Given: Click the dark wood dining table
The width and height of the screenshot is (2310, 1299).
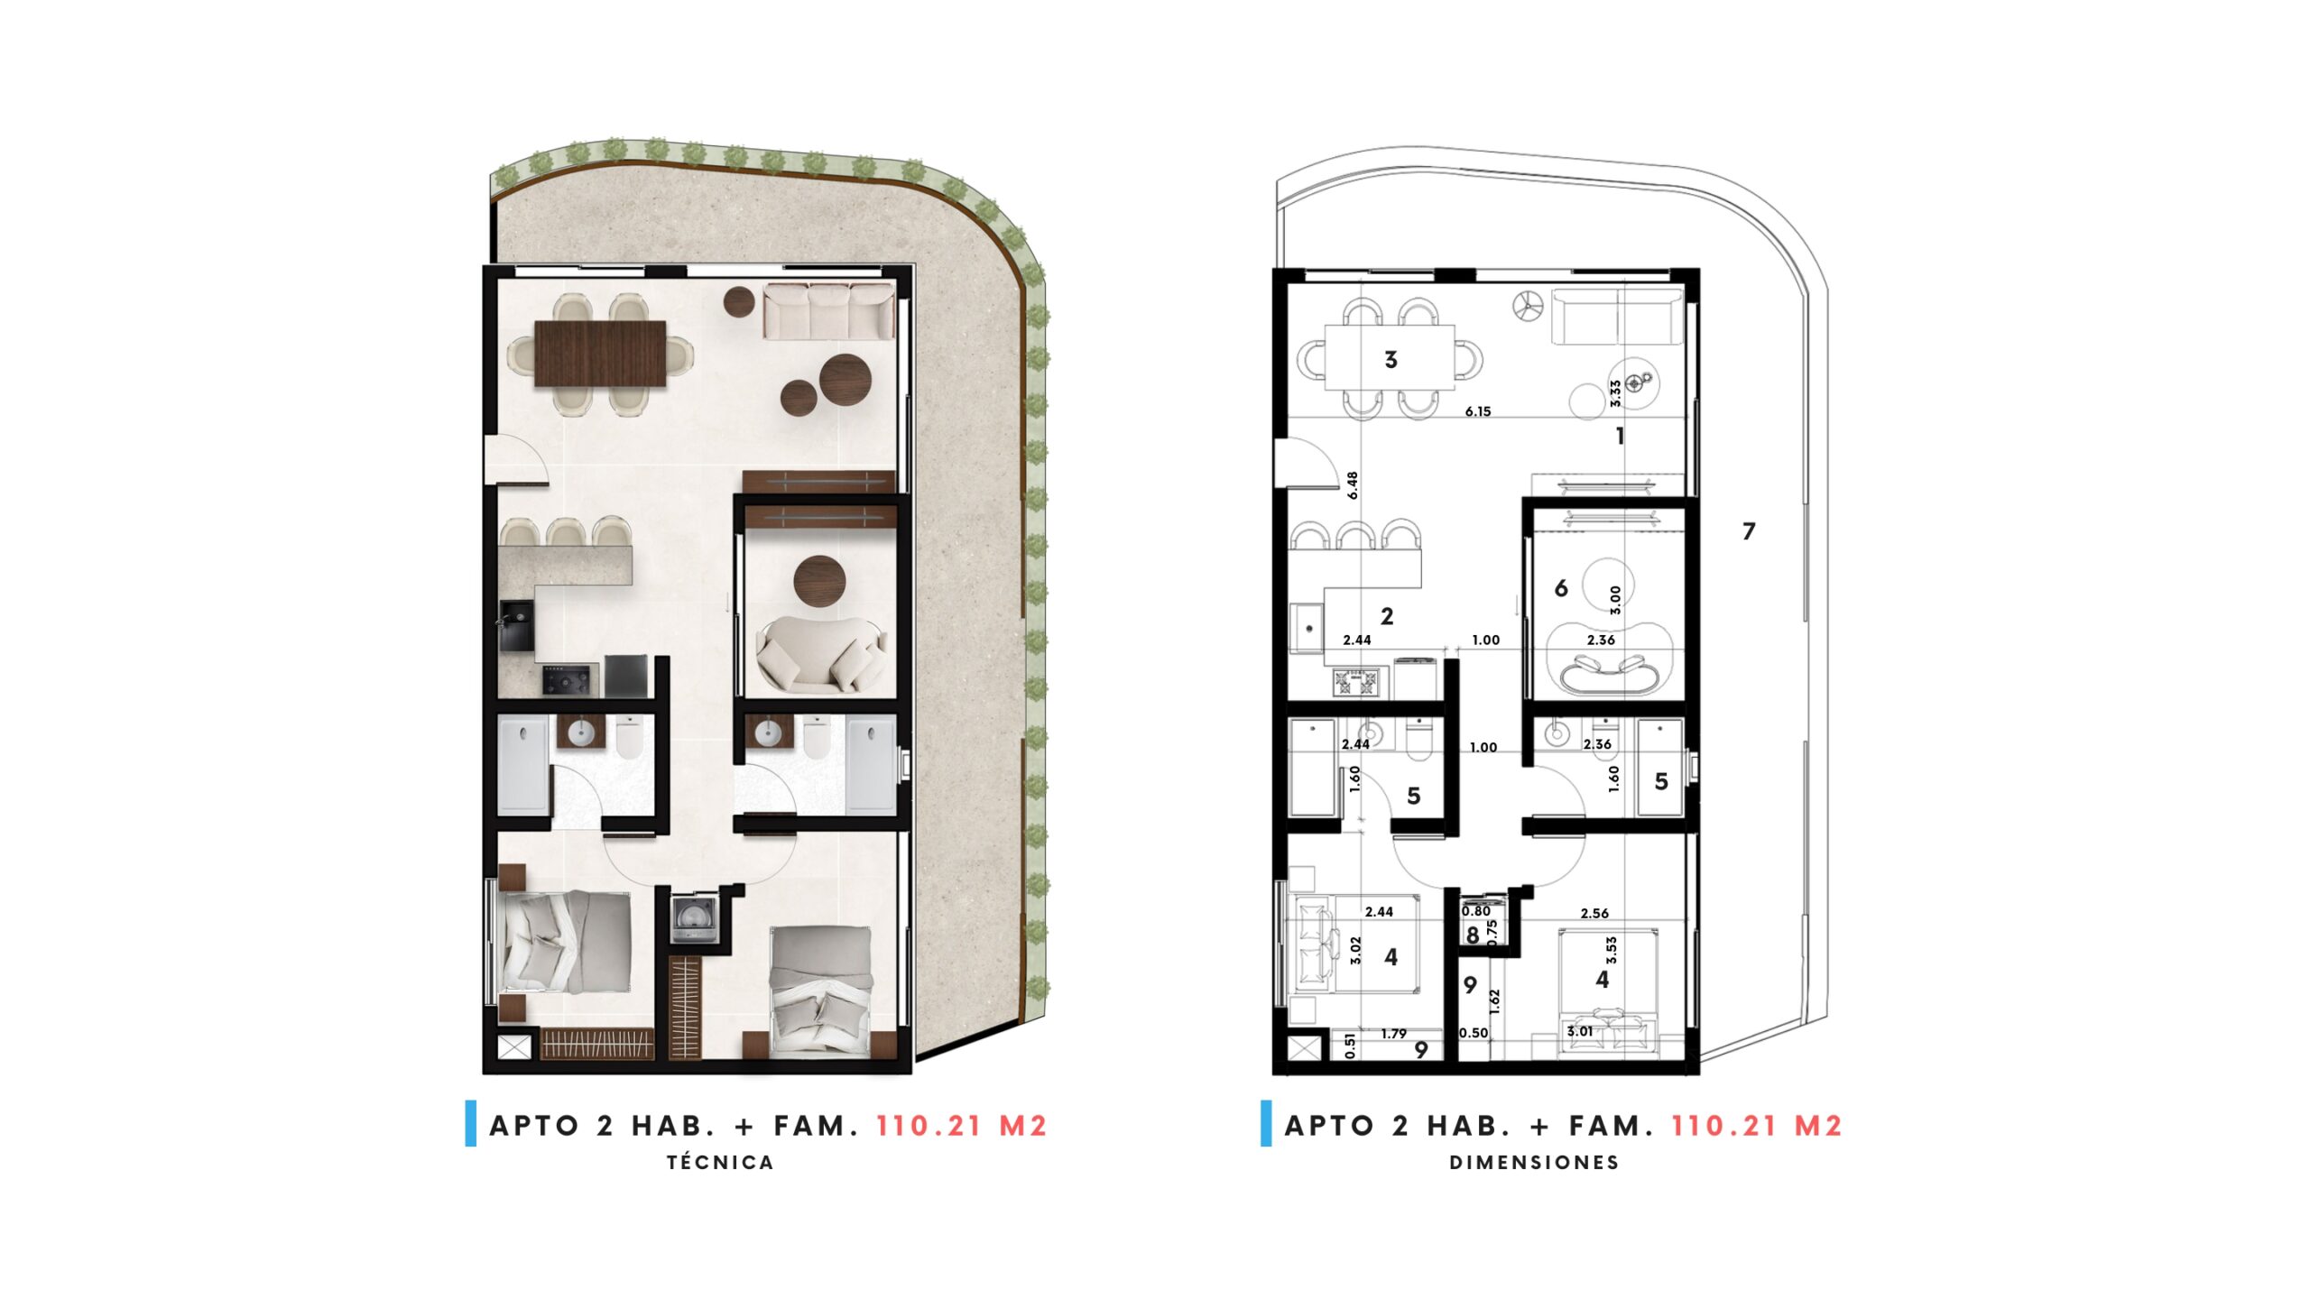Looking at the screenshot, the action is tap(600, 354).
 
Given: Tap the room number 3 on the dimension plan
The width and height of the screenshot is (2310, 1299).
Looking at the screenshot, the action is tap(1391, 360).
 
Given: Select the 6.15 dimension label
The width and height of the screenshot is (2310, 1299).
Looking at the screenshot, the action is tap(1478, 411).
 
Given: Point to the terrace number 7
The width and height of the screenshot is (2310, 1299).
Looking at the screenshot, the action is tap(1749, 531).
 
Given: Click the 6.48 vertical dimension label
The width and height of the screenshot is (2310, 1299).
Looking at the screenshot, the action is tap(1352, 485).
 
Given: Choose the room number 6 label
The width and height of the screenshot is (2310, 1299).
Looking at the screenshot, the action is tap(1561, 588).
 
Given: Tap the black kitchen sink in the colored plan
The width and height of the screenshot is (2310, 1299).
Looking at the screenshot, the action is tap(517, 624).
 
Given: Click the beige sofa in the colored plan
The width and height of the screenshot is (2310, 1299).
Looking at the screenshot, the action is tap(829, 311).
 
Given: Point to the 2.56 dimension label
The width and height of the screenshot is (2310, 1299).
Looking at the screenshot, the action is tap(1594, 913).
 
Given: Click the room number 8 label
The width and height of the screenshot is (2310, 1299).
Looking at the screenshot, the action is tap(1473, 935).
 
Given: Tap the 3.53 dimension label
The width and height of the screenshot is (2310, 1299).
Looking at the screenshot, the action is tap(1612, 950).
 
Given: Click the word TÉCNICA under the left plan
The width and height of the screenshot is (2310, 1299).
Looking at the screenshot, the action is tap(720, 1163).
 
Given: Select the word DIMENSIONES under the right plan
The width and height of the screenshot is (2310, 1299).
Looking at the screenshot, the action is tap(1534, 1163).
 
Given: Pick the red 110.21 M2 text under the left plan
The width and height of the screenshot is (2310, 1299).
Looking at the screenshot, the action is tap(961, 1126).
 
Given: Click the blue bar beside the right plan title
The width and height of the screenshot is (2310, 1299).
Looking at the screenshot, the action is tap(1266, 1123).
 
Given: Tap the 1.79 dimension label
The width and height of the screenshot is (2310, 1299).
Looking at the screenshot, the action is tap(1393, 1034).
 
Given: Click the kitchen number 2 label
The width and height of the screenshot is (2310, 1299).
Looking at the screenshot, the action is tap(1387, 616).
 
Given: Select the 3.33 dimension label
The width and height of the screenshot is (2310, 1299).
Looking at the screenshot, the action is tap(1615, 393).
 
